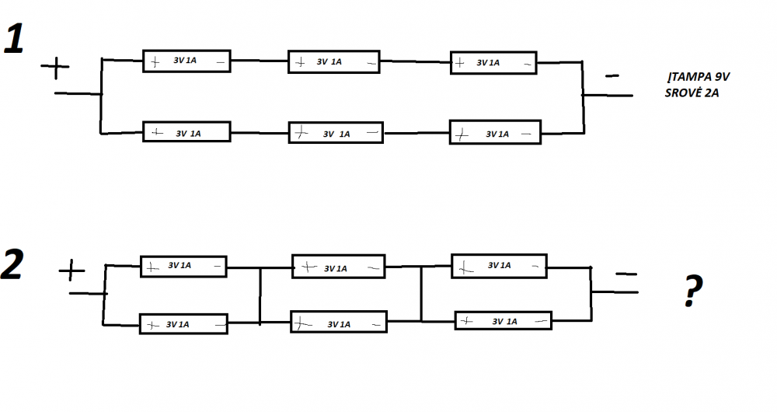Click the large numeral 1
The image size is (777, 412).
[x=14, y=39]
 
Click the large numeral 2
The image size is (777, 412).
[x=12, y=264]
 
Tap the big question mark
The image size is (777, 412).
[x=693, y=291]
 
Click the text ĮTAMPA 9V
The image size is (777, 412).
[x=699, y=77]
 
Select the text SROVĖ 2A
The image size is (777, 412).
[x=692, y=93]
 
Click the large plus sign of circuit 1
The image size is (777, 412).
[x=55, y=68]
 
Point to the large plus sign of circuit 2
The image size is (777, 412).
[x=71, y=271]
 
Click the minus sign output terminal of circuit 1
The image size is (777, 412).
[x=612, y=76]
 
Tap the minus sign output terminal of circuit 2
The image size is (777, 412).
[x=626, y=273]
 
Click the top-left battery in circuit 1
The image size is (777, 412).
[x=186, y=61]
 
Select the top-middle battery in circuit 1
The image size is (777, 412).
[x=334, y=62]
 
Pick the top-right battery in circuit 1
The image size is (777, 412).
[x=493, y=63]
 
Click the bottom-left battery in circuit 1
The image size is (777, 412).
[x=186, y=132]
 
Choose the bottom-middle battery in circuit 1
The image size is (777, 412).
[x=336, y=133]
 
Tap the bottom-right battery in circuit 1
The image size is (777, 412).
[x=495, y=132]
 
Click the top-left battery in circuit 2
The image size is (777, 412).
[x=184, y=266]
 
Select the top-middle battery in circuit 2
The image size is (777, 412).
[x=339, y=267]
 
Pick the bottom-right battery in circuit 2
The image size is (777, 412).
[x=503, y=321]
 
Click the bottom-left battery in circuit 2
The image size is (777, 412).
[x=184, y=323]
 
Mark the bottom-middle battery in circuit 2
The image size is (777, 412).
[x=339, y=322]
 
